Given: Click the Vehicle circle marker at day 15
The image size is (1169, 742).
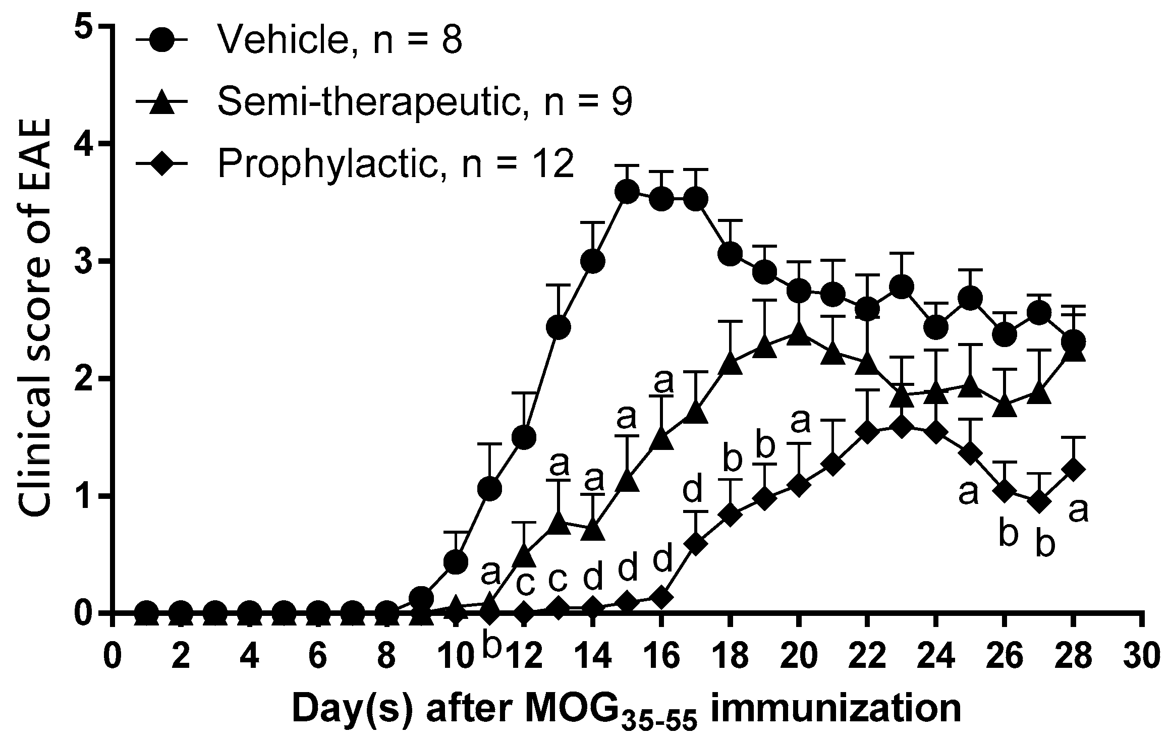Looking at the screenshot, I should pyautogui.click(x=628, y=192).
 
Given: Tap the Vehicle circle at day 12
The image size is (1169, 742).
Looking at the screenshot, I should pyautogui.click(x=524, y=437).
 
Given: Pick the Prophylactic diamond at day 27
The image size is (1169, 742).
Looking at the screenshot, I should pyautogui.click(x=1039, y=502).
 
